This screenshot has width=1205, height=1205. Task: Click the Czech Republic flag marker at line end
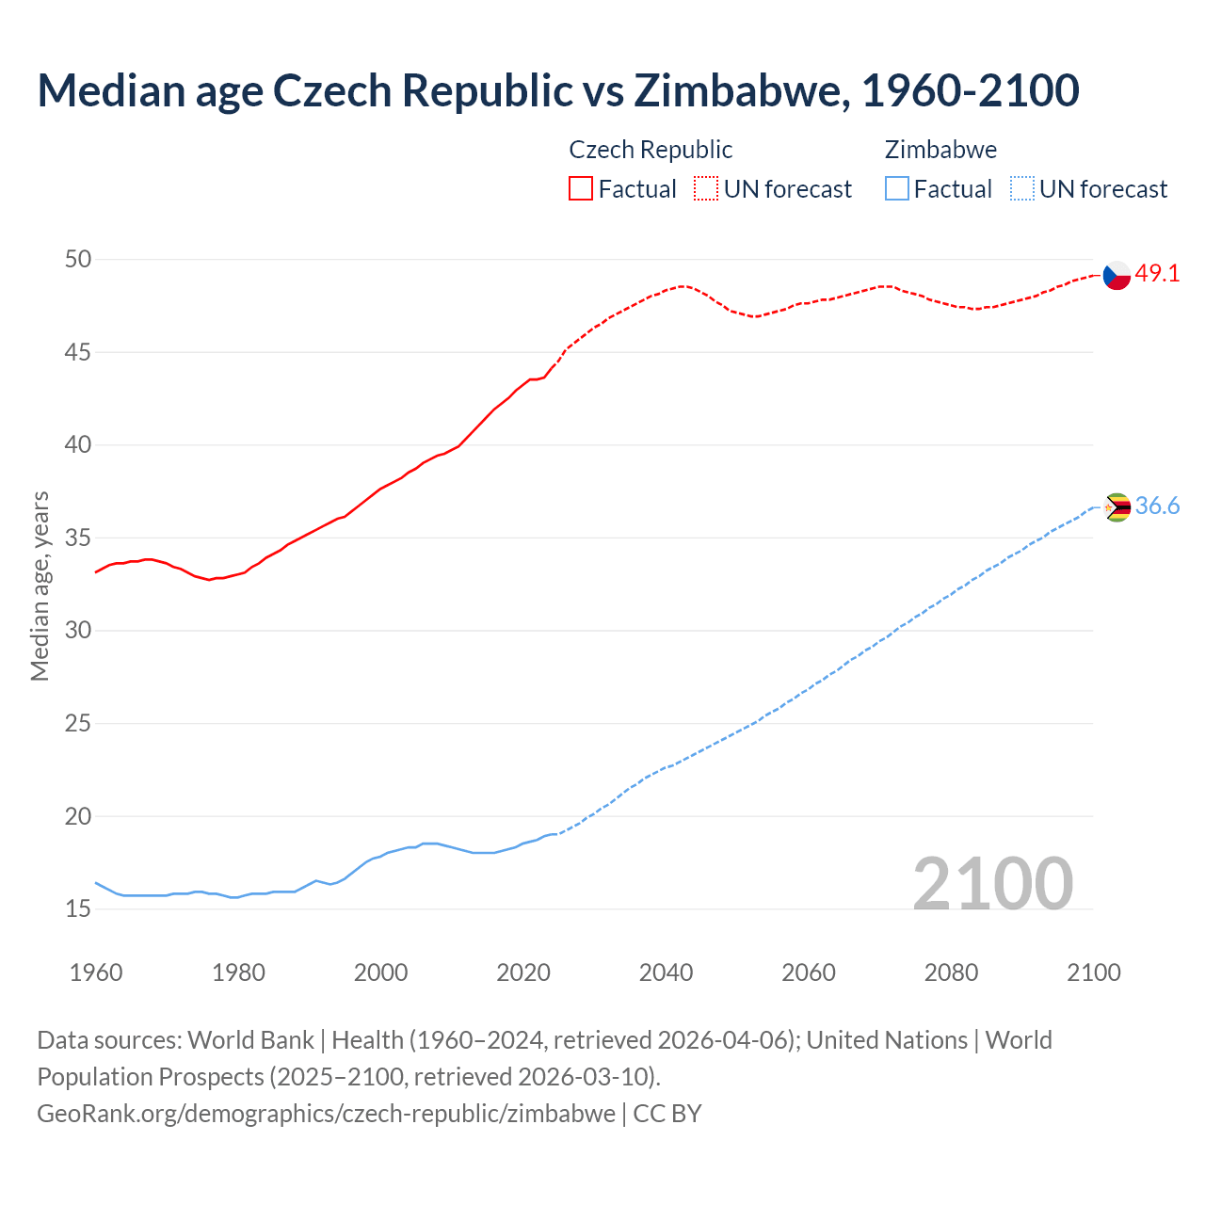1117,275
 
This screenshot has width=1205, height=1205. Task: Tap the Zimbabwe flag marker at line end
1117,507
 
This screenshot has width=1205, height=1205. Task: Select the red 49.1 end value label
1157,274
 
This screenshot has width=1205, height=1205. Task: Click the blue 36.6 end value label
1157,506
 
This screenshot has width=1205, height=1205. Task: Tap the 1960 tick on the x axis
96,972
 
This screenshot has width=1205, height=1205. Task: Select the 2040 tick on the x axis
666,972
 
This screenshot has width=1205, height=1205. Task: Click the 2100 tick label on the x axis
1094,972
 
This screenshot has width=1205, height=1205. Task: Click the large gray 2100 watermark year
992,883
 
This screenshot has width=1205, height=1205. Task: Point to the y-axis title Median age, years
40,586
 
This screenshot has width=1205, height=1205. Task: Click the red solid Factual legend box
581,189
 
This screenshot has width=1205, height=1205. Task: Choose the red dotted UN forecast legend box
706,189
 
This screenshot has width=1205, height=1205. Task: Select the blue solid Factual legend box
897,189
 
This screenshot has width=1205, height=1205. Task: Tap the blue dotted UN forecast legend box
1021,189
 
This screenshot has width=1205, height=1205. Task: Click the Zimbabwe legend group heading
940,150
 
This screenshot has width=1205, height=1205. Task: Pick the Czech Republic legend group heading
651,150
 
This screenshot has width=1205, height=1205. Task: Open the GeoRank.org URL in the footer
326,1114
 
